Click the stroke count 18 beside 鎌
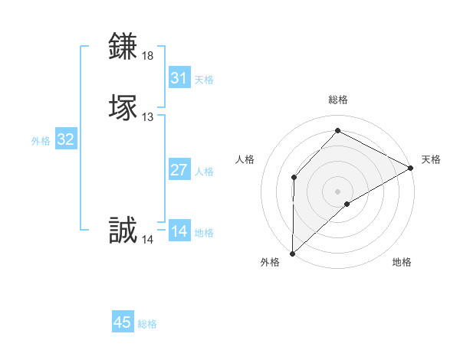(x=148, y=56)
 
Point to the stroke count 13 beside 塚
(x=148, y=117)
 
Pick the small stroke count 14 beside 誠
(x=148, y=240)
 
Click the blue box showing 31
(x=179, y=78)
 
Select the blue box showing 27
(x=179, y=170)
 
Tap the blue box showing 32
(x=66, y=139)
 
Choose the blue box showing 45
(x=123, y=322)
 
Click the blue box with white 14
(x=179, y=231)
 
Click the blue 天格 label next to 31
(x=204, y=80)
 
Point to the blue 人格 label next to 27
(x=204, y=172)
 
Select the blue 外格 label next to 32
(x=41, y=141)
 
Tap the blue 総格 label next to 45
(x=147, y=324)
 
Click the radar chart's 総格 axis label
(x=338, y=100)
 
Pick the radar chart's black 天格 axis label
(x=431, y=159)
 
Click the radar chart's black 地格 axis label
(x=402, y=263)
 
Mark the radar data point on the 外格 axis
(x=292, y=253)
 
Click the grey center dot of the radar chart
(x=338, y=191)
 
